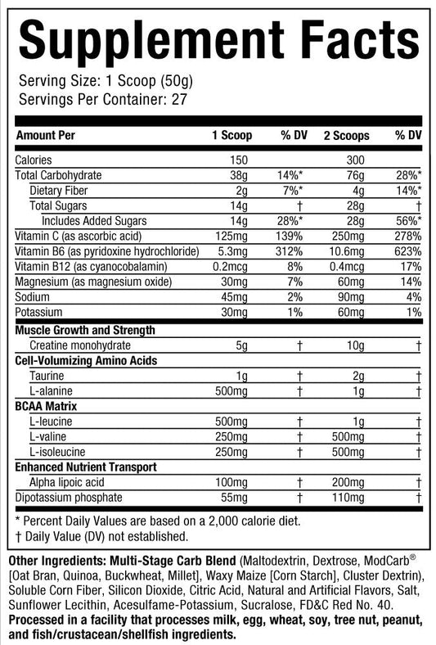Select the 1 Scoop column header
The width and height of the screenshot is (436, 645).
[x=232, y=134]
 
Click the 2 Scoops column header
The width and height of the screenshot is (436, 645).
[x=346, y=134]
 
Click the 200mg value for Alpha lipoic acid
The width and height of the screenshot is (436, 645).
[x=351, y=483]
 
